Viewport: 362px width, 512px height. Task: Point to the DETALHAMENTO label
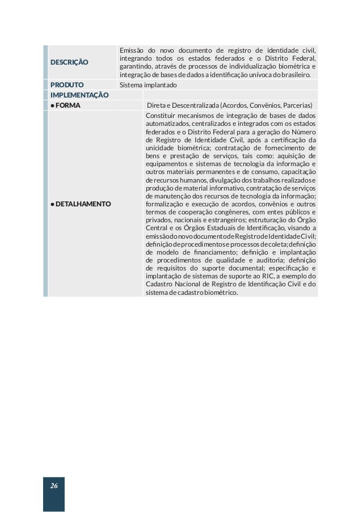pos(83,203)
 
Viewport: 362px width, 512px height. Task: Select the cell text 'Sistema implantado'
pos(148,85)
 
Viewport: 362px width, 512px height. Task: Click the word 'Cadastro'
pos(159,285)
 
